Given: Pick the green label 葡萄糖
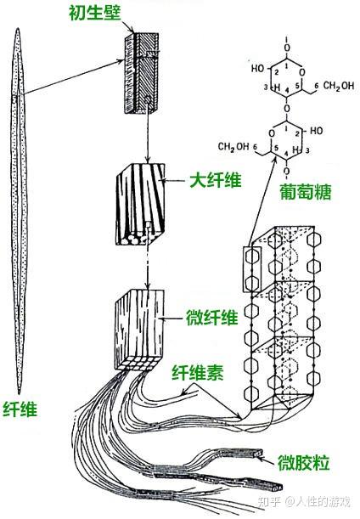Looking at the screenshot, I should pos(309,194).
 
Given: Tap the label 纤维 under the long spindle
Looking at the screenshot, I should pos(20,409).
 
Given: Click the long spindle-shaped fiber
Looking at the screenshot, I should pos(23,212).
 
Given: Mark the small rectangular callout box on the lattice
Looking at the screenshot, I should pos(252,269).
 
